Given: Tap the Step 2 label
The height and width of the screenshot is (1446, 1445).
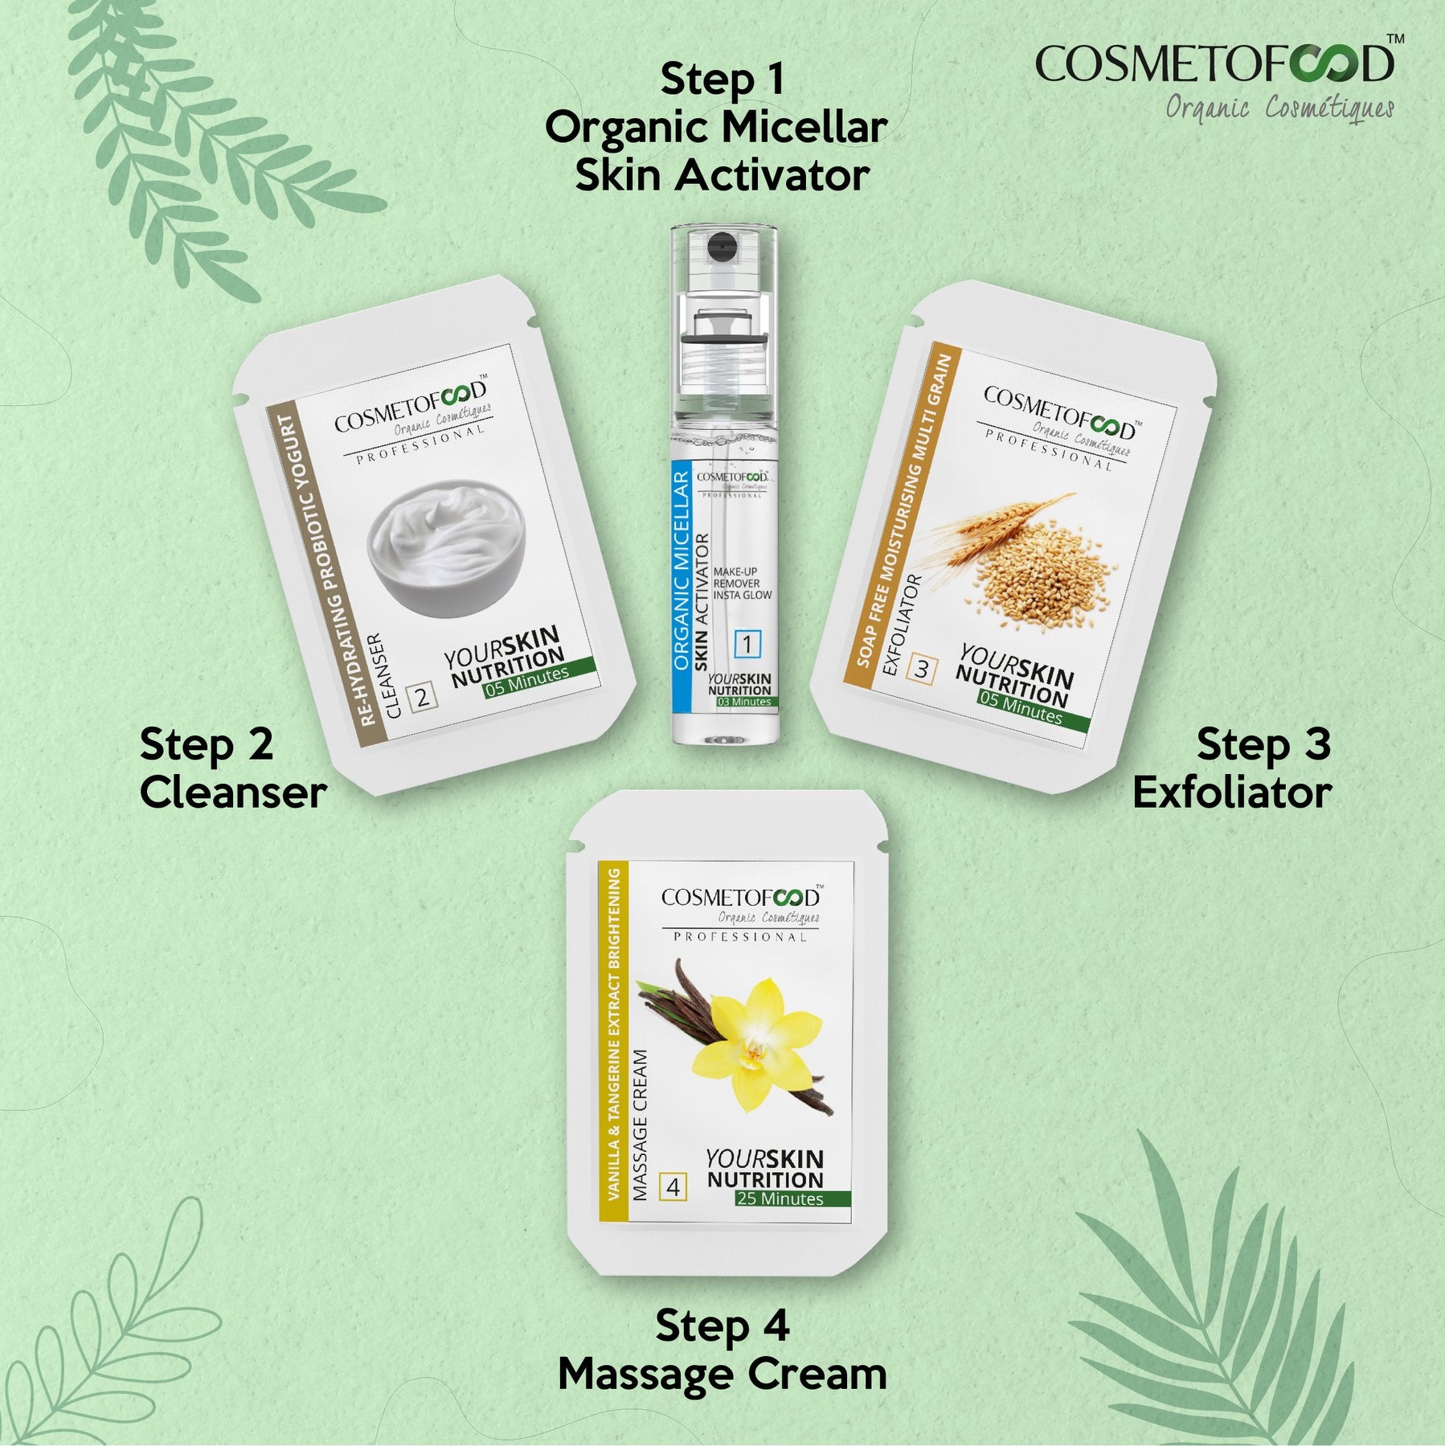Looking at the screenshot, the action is [x=207, y=745].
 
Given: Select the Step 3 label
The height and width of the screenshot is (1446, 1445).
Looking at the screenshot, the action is [x=1263, y=745].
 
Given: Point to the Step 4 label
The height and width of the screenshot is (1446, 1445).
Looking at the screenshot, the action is [x=722, y=1325].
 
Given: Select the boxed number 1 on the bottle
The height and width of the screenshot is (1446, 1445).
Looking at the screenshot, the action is [x=747, y=644].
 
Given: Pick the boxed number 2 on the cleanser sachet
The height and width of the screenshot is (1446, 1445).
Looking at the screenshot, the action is [x=422, y=695].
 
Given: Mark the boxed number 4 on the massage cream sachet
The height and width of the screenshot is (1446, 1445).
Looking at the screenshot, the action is [x=673, y=1186].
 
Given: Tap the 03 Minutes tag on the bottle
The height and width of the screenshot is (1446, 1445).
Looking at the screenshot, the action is [x=744, y=702].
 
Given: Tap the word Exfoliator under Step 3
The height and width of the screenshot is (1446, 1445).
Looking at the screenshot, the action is [x=1232, y=793].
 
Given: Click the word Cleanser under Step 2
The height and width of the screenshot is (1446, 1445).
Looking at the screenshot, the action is [x=233, y=793].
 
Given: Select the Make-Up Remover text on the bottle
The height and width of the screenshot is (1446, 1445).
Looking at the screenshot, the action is [x=737, y=578].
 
